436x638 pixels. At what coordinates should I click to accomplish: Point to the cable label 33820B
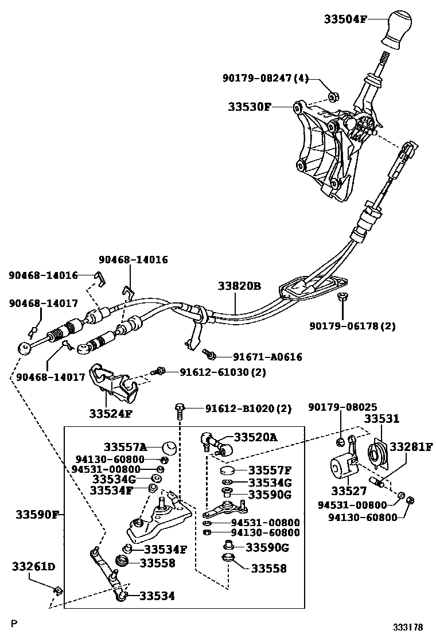click(x=239, y=286)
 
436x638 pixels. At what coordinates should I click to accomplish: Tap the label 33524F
click(x=111, y=412)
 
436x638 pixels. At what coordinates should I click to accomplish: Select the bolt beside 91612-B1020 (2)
click(x=180, y=409)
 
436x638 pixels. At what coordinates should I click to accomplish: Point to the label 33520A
click(x=254, y=437)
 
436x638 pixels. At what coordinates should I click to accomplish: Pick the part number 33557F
click(x=270, y=470)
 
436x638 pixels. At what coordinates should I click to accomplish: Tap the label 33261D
click(x=34, y=567)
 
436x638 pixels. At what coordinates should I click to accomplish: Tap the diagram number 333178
click(x=408, y=627)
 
